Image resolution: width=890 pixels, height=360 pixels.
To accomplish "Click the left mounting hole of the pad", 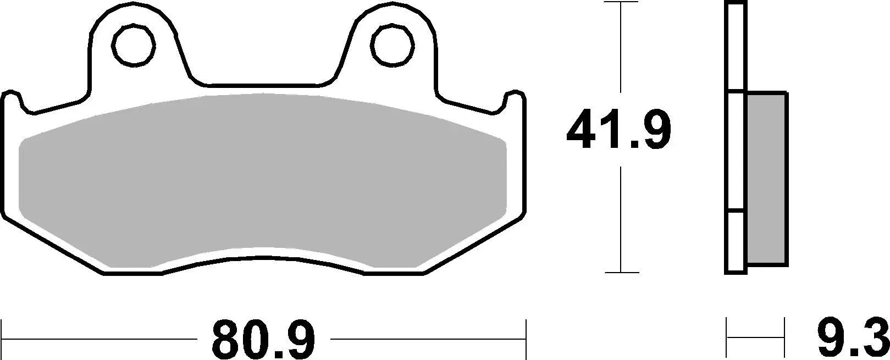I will pos(132,43).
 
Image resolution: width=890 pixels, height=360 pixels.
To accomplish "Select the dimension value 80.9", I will pos(264,339).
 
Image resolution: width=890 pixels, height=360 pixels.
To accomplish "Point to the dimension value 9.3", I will pos(852,339).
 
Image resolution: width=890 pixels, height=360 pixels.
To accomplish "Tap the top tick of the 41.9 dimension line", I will pos(621,2).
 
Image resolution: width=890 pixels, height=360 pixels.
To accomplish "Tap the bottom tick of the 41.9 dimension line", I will pos(621,272).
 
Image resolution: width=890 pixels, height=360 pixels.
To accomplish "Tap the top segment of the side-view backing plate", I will pos(737,47).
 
